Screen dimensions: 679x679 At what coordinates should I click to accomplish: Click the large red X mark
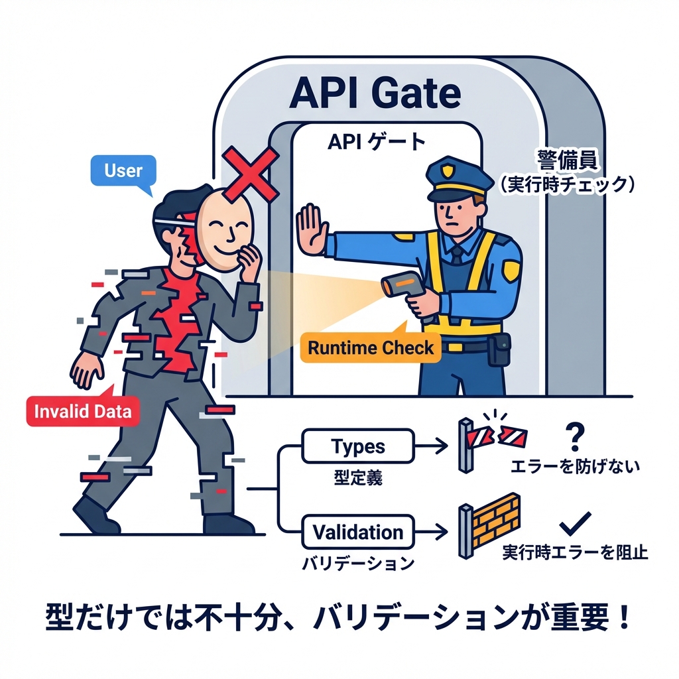pos(249,174)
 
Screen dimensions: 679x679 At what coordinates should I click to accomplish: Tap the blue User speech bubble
pos(123,170)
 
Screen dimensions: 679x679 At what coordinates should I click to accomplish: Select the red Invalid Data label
pos(79,410)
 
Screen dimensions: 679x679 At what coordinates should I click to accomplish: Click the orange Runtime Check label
pos(371,347)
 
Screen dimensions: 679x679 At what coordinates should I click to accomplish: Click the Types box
pos(357,446)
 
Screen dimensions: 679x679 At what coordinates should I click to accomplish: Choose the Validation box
pos(357,532)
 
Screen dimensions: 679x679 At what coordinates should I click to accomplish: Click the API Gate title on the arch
pos(375,93)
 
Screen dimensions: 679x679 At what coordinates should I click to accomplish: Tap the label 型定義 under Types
pos(357,478)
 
